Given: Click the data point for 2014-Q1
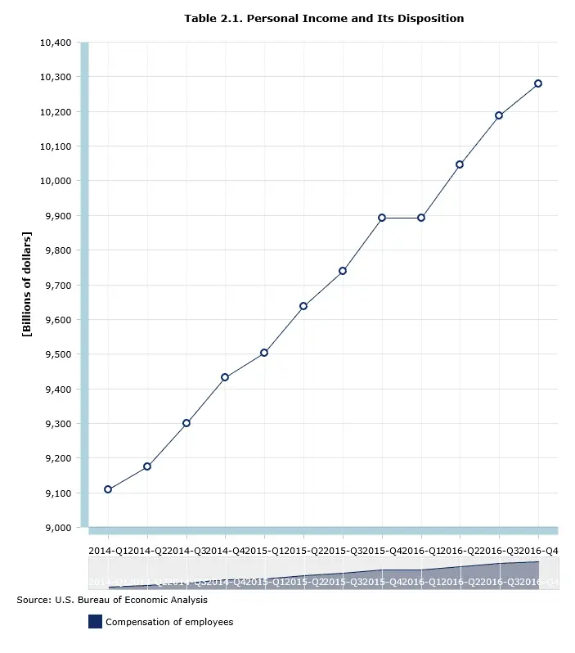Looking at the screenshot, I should pyautogui.click(x=108, y=489).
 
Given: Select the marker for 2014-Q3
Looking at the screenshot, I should pyautogui.click(x=186, y=423).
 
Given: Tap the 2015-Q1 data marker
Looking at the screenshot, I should pyautogui.click(x=264, y=353).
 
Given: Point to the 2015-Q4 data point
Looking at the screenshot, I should pyautogui.click(x=382, y=218).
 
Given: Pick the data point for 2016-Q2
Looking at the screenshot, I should pyautogui.click(x=460, y=164).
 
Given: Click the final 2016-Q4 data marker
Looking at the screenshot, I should pyautogui.click(x=538, y=83).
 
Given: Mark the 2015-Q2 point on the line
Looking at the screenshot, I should pyautogui.click(x=303, y=306).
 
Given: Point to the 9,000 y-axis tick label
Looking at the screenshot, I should pyautogui.click(x=58, y=528).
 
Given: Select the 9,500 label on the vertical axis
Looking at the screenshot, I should pyautogui.click(x=58, y=354).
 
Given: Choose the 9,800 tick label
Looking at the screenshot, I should pyautogui.click(x=58, y=250).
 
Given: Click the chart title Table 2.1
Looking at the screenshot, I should pyautogui.click(x=324, y=18).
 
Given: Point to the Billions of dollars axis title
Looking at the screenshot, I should pyautogui.click(x=27, y=285).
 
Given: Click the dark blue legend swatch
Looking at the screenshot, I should pyautogui.click(x=95, y=622).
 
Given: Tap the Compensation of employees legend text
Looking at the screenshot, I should pyautogui.click(x=169, y=622).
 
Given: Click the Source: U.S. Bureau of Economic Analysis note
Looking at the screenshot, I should pyautogui.click(x=112, y=600).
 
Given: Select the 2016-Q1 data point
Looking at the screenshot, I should pyautogui.click(x=421, y=218).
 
